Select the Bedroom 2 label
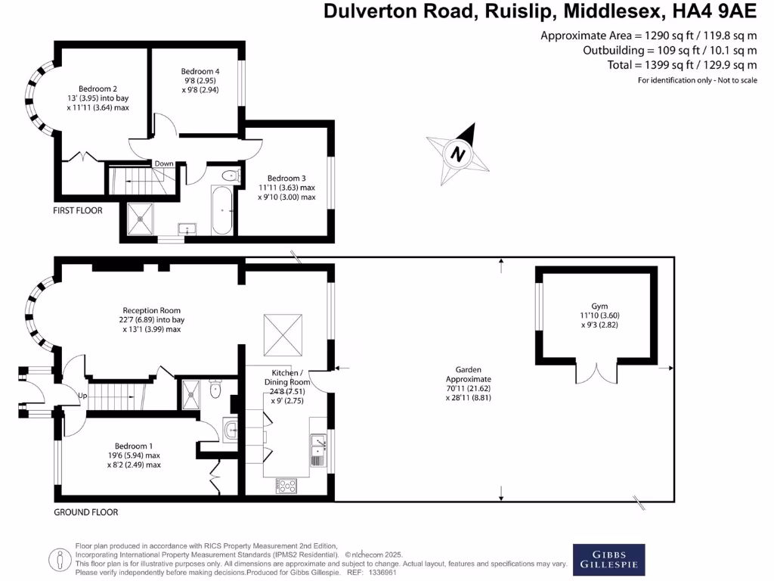click(x=98, y=89)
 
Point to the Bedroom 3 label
click(x=286, y=177)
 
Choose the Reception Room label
click(x=152, y=310)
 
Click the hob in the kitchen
click(x=287, y=486)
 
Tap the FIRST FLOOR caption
click(x=77, y=210)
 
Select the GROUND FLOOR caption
click(x=86, y=512)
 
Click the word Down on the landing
click(x=163, y=163)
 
